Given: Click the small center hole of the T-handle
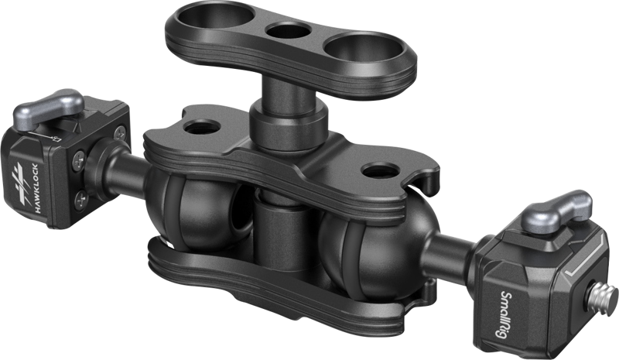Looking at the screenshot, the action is [289, 32].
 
